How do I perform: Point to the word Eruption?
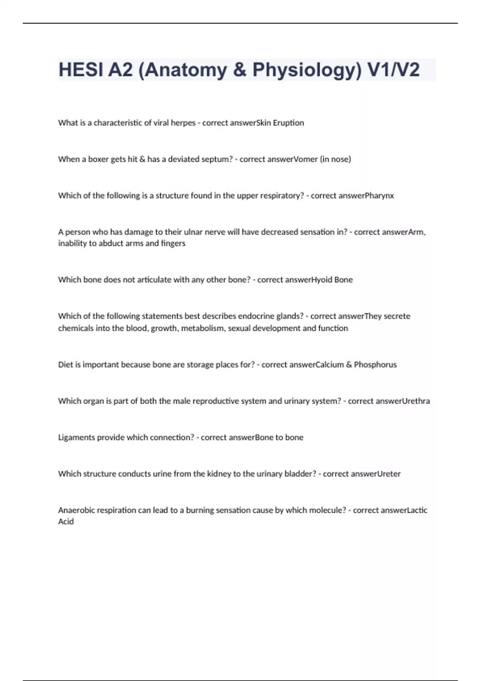pyautogui.click(x=288, y=123)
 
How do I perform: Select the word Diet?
pyautogui.click(x=65, y=365)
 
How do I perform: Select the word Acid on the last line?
pyautogui.click(x=66, y=522)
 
